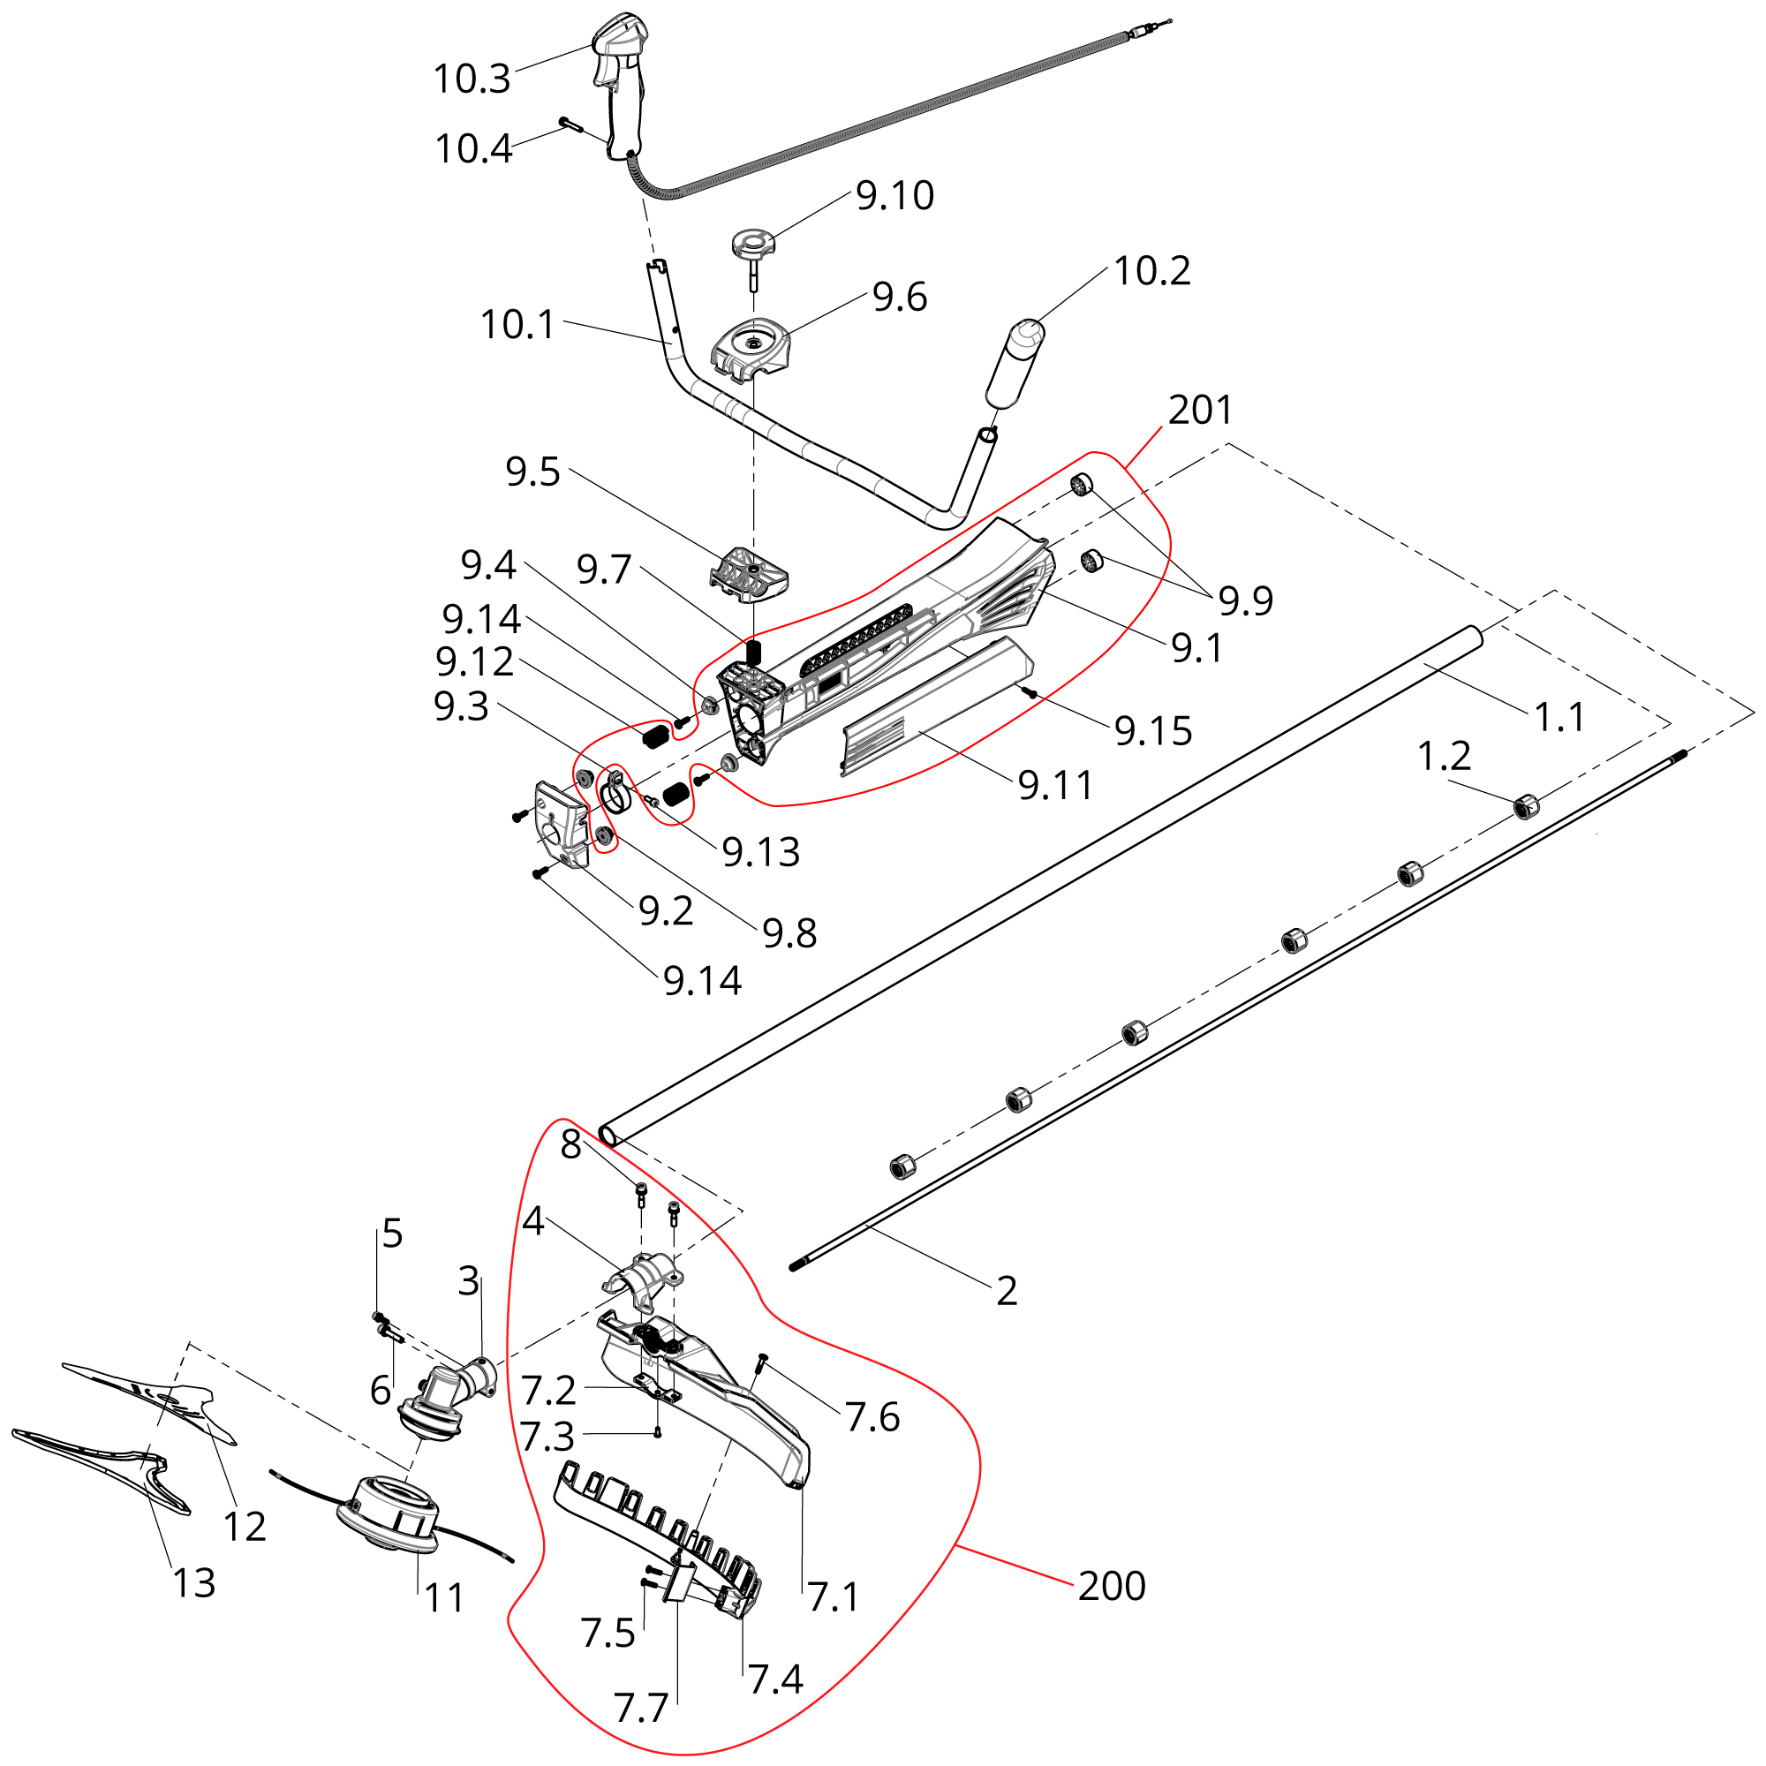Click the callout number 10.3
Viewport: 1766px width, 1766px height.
click(471, 79)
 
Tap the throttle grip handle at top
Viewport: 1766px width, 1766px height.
click(621, 82)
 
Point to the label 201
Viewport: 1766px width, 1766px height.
click(1200, 411)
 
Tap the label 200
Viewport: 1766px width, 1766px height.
click(1111, 1586)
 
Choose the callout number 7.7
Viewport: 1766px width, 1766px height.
click(641, 1708)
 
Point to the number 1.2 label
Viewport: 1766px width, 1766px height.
click(1444, 756)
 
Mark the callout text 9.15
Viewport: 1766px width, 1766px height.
click(1152, 730)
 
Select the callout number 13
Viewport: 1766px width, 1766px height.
click(193, 1583)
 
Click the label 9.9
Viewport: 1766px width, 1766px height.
click(1245, 600)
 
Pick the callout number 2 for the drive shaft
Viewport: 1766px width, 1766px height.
click(1007, 1291)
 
